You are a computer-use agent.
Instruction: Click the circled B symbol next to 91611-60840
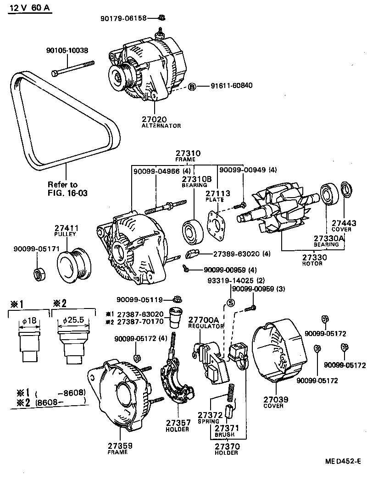pyautogui.click(x=192, y=86)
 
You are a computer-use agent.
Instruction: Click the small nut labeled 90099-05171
pyautogui.click(x=39, y=274)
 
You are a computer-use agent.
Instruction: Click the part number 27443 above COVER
pyautogui.click(x=344, y=223)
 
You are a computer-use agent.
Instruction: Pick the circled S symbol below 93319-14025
pyautogui.click(x=231, y=302)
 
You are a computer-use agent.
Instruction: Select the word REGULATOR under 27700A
pyautogui.click(x=206, y=325)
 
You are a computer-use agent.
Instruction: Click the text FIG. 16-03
pyautogui.click(x=67, y=193)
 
